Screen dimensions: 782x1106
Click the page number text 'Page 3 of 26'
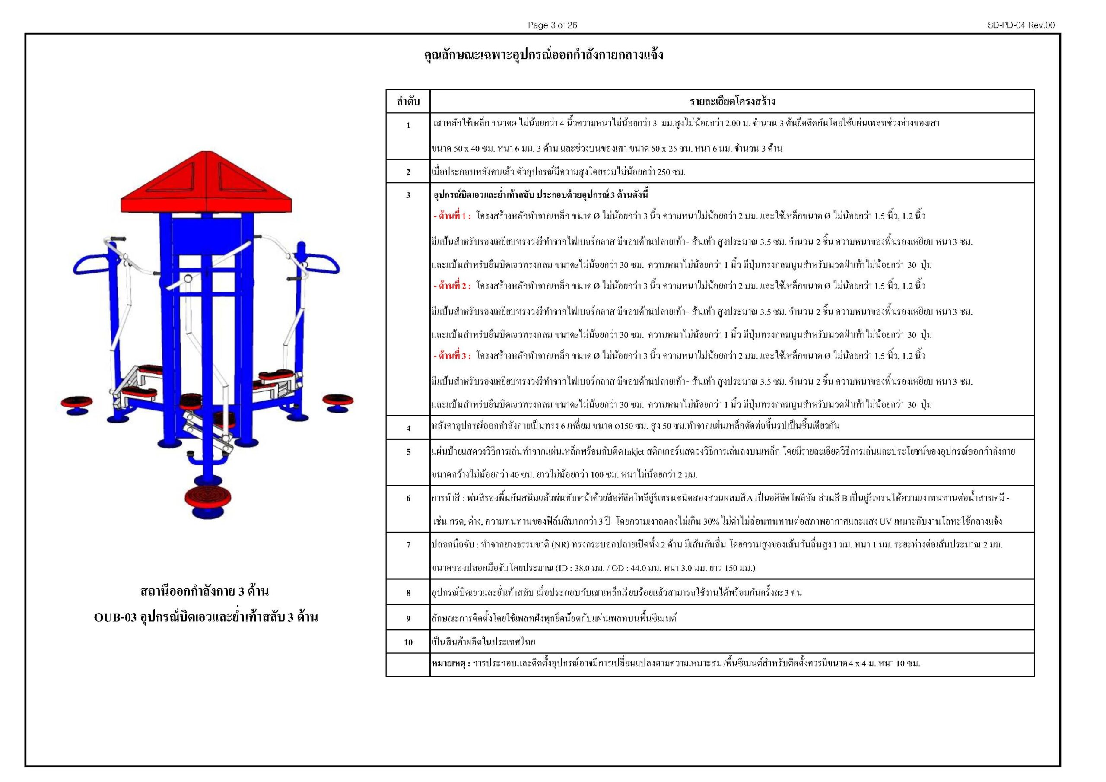click(552, 25)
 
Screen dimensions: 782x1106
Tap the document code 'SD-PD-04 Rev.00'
click(1021, 25)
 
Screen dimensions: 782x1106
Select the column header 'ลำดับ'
click(408, 102)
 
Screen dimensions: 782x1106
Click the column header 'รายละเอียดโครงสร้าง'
click(732, 102)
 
